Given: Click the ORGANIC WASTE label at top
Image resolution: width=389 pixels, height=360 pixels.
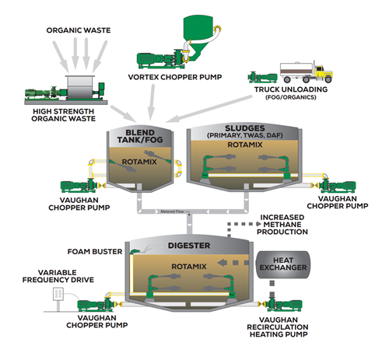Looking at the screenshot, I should pyautogui.click(x=78, y=31).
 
